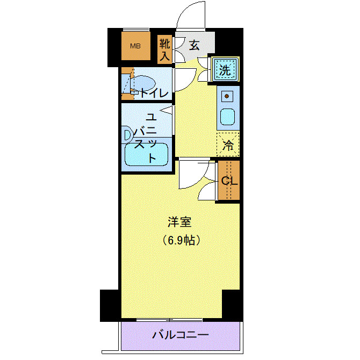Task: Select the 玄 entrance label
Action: [194, 46]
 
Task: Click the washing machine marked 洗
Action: [225, 69]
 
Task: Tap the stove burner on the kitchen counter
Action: [227, 97]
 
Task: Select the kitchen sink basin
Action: [227, 117]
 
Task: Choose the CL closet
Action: [229, 181]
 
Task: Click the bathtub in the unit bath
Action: [146, 156]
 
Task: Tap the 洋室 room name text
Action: [179, 221]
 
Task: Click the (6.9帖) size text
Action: [181, 240]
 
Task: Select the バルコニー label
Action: [179, 335]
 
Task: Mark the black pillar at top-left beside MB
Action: [113, 47]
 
